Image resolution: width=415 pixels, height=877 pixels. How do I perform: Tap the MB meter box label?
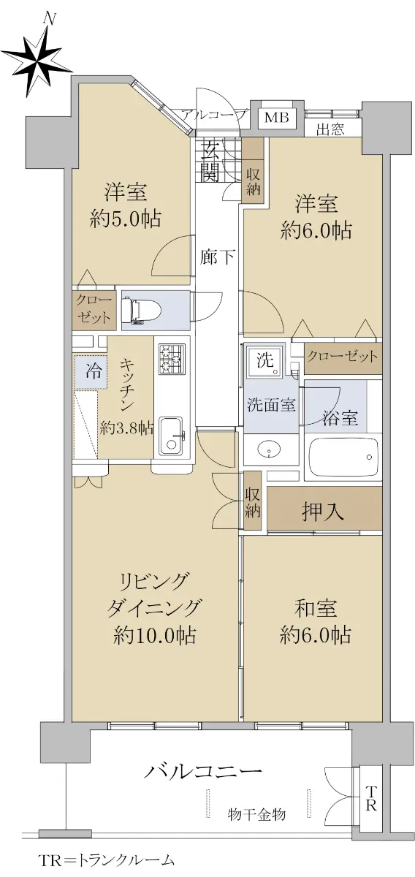[x=276, y=117]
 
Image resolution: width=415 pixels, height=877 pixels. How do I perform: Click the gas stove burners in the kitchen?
[x=172, y=358]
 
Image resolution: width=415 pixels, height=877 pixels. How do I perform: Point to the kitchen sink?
[x=171, y=436]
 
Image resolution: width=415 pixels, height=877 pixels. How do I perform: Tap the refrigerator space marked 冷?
[x=91, y=371]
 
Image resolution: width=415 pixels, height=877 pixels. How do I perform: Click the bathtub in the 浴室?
[x=343, y=457]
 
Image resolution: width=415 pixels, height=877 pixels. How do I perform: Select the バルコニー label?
[x=203, y=772]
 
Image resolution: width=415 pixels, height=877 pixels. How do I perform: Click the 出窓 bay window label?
[x=330, y=129]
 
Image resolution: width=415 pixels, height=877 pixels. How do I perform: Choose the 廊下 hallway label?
[x=217, y=257]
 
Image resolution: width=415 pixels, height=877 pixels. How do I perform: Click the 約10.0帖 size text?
[x=155, y=634]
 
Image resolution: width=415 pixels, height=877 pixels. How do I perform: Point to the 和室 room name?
[x=316, y=609]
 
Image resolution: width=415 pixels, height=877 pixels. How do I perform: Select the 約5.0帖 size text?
[x=125, y=219]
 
